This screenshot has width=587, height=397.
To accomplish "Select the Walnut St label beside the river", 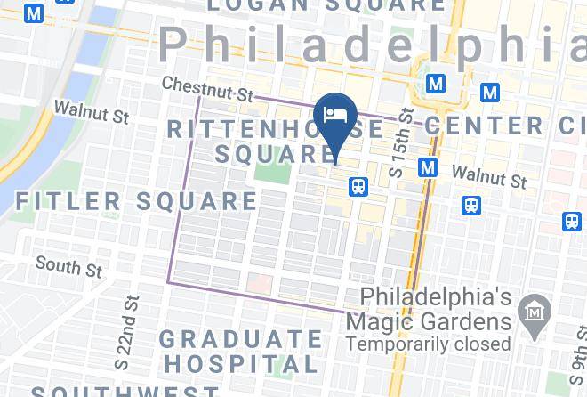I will click(x=92, y=112).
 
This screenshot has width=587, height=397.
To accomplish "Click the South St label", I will click(x=68, y=266).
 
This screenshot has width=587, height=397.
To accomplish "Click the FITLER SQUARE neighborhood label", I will click(x=135, y=201).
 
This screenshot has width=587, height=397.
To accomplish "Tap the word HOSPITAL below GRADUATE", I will click(x=241, y=364).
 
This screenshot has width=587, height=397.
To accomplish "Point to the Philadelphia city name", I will click(x=374, y=45).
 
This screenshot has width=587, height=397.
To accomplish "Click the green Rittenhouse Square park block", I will click(x=273, y=172).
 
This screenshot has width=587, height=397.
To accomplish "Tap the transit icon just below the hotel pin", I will click(x=358, y=186).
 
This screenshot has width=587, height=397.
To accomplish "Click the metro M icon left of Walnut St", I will click(x=428, y=167).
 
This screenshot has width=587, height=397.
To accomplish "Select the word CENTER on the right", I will click(x=470, y=125).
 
